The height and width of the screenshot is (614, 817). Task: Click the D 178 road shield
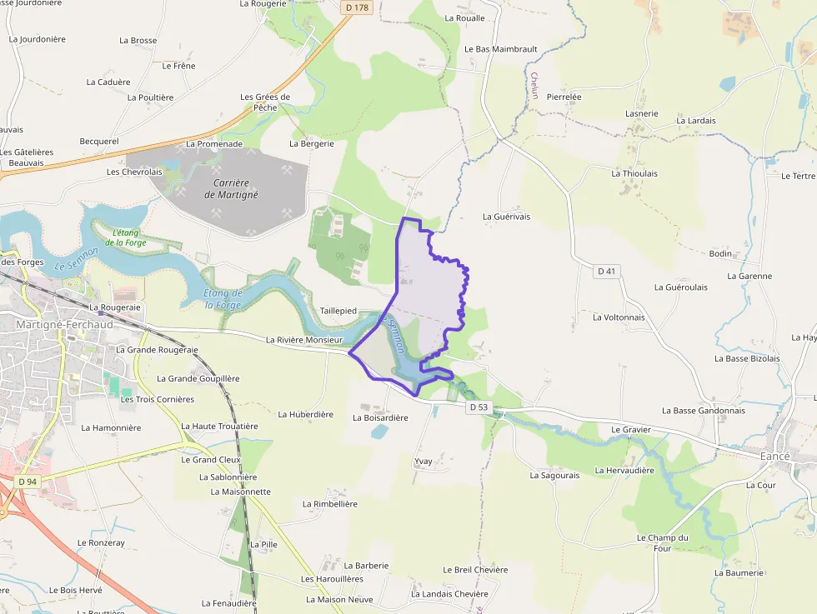coord(356,7)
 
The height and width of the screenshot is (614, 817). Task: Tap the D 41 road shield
coord(607,272)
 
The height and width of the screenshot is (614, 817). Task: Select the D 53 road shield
coord(478,407)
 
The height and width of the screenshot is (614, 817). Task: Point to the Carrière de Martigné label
coord(231,188)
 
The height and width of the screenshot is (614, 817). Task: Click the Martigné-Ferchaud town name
coord(64,324)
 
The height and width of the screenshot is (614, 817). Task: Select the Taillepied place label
coord(338,311)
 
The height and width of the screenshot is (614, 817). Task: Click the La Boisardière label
coord(380,417)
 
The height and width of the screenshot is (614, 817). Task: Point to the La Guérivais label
coord(506,217)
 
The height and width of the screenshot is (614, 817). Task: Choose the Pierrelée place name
coord(564,97)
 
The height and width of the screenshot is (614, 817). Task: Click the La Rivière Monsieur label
coord(304,340)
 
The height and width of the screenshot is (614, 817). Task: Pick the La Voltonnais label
coord(619,317)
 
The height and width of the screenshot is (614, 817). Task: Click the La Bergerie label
coord(312,143)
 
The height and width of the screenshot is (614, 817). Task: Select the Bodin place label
coord(720,253)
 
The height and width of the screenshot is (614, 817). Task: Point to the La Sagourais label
coord(554,476)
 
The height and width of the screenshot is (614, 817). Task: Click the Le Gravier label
coord(630,430)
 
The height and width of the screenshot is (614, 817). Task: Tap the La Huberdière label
coord(305,414)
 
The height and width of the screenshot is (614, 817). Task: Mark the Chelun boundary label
coord(534,86)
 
